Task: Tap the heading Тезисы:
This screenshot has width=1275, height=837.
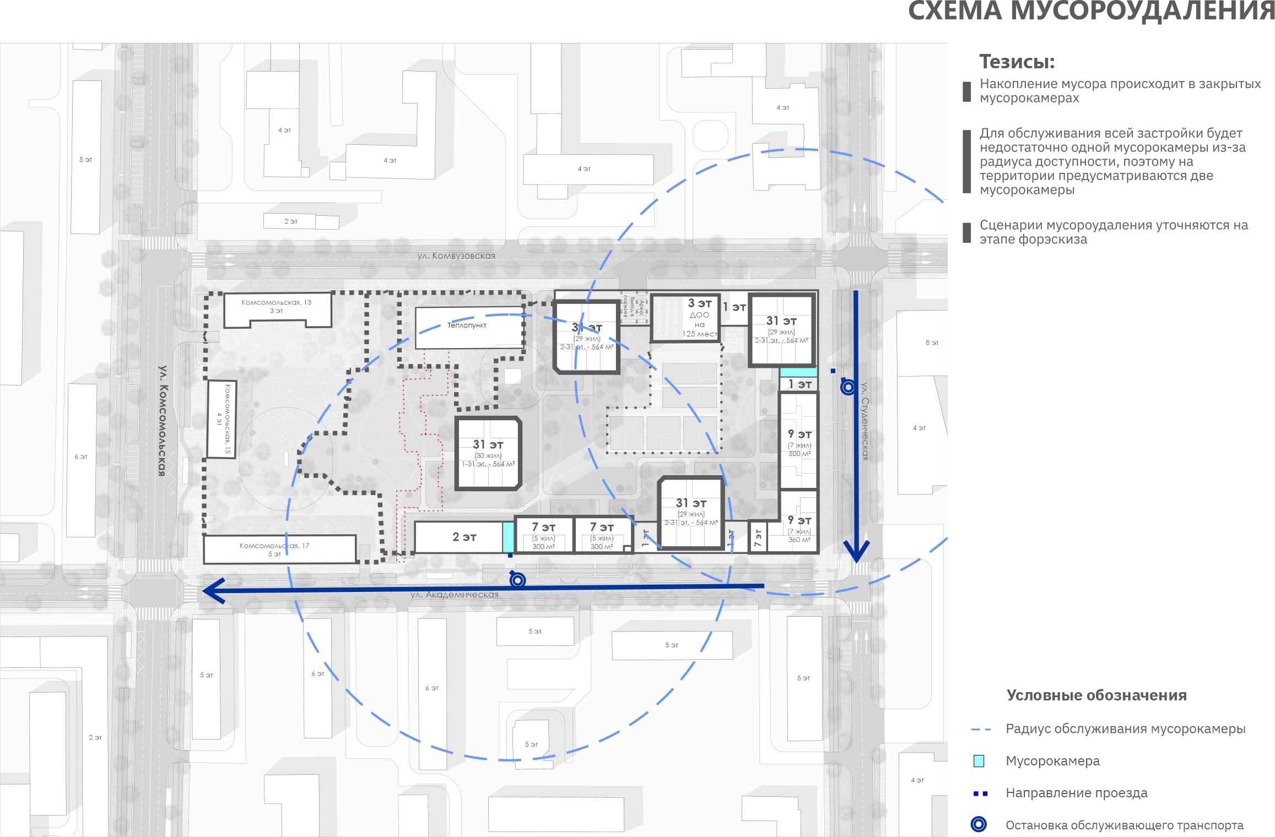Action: [1017, 62]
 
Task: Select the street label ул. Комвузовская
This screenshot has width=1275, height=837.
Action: [456, 256]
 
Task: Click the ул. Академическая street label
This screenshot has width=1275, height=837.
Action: [454, 595]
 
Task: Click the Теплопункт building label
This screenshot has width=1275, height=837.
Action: [467, 325]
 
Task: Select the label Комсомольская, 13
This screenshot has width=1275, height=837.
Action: [276, 302]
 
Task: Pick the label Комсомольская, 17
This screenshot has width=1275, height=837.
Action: [274, 546]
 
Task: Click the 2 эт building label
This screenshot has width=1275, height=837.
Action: [464, 537]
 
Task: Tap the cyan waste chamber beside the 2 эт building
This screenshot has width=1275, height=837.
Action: [508, 537]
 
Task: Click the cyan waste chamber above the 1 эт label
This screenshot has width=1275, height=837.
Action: [798, 372]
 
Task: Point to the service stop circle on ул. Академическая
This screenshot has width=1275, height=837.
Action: [517, 580]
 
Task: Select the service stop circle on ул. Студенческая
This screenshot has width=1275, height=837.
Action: [848, 387]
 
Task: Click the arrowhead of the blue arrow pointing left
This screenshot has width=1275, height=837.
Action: [212, 590]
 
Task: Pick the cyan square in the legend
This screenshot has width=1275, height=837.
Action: [979, 761]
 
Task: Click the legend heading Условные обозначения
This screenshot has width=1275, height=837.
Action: [1096, 695]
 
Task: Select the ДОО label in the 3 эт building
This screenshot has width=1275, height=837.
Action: [699, 315]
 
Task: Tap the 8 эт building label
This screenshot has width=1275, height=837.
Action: [932, 343]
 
